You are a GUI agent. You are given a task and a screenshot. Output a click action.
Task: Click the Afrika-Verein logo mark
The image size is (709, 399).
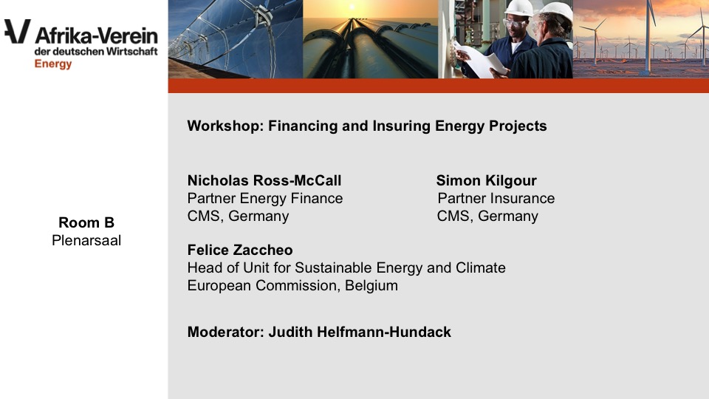[x=18, y=31]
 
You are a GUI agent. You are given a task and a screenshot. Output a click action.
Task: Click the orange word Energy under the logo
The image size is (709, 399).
[x=53, y=64]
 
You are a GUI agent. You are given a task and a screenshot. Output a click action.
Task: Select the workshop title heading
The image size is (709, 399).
[x=367, y=126]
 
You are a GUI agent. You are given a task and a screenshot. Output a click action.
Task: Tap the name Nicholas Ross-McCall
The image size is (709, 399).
[x=264, y=180]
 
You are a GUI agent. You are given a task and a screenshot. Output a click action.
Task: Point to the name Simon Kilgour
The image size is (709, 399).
[x=486, y=180]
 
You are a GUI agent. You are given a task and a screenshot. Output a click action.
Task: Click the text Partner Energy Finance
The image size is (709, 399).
[x=265, y=198]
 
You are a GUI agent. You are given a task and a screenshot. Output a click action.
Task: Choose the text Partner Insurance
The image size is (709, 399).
[x=496, y=198]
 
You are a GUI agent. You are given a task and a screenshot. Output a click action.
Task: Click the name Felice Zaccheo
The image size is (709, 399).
[x=240, y=250]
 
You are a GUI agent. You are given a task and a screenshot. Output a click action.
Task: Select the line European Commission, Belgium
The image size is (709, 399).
[x=292, y=285]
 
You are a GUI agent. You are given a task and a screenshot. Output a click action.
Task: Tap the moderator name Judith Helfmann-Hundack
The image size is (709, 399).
[x=360, y=332]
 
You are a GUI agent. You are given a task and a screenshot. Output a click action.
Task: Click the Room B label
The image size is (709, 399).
[x=86, y=222]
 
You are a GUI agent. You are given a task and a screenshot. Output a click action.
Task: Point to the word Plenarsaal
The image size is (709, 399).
[x=86, y=240]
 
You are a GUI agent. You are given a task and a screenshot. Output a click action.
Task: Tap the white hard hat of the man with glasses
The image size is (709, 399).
[x=518, y=8]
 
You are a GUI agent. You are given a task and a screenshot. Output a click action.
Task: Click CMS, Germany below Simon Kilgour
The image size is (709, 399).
[x=487, y=216]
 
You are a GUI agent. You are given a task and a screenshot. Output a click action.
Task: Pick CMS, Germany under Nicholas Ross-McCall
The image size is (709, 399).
[x=238, y=216]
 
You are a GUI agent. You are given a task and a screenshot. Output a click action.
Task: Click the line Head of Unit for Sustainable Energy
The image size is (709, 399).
[x=346, y=267]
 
